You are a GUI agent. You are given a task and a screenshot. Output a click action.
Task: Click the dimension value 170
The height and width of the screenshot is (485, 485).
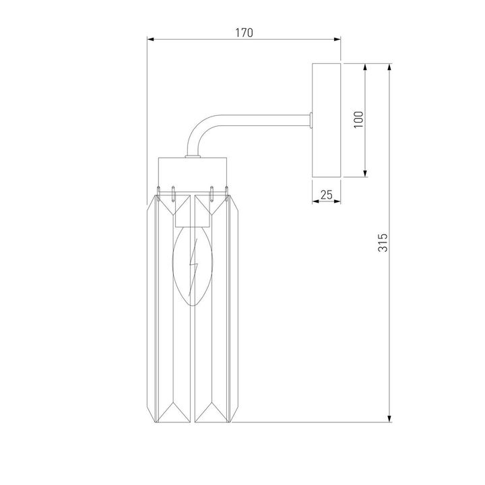tap(244, 33)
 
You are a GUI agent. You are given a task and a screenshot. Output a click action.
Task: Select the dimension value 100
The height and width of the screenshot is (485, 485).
tap(358, 119)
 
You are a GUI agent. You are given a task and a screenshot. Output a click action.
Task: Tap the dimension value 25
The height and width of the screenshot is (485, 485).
tap(327, 195)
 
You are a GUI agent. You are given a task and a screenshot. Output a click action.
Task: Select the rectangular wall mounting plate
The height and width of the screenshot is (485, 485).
tap(327, 121)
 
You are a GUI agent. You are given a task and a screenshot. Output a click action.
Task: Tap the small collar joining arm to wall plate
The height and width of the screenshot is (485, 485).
tap(310, 121)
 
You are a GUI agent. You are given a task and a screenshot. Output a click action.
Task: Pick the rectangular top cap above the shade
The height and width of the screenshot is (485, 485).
tap(193, 171)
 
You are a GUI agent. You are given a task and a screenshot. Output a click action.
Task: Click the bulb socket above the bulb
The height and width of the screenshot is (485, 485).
tap(193, 216)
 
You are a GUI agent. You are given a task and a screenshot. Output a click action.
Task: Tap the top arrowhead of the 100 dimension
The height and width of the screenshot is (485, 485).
tap(366, 67)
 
